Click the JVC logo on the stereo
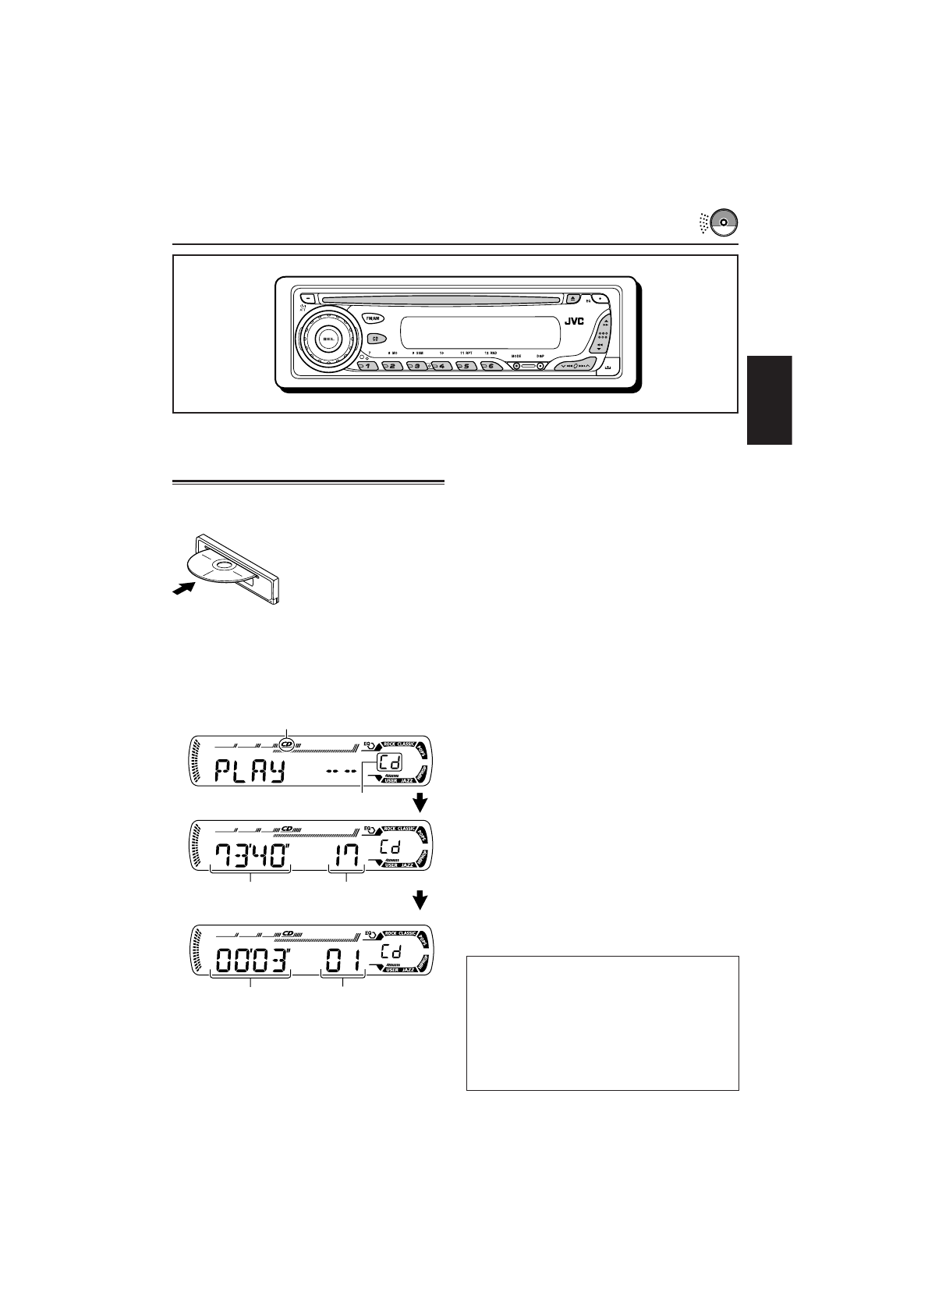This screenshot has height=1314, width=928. point(574,321)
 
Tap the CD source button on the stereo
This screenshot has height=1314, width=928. point(375,339)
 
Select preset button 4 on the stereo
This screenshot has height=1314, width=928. point(441,366)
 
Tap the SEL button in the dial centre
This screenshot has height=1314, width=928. point(327,338)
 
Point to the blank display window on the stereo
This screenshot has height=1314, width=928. point(480,332)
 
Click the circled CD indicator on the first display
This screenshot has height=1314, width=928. point(287,744)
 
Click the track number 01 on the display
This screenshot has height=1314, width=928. point(344,959)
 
